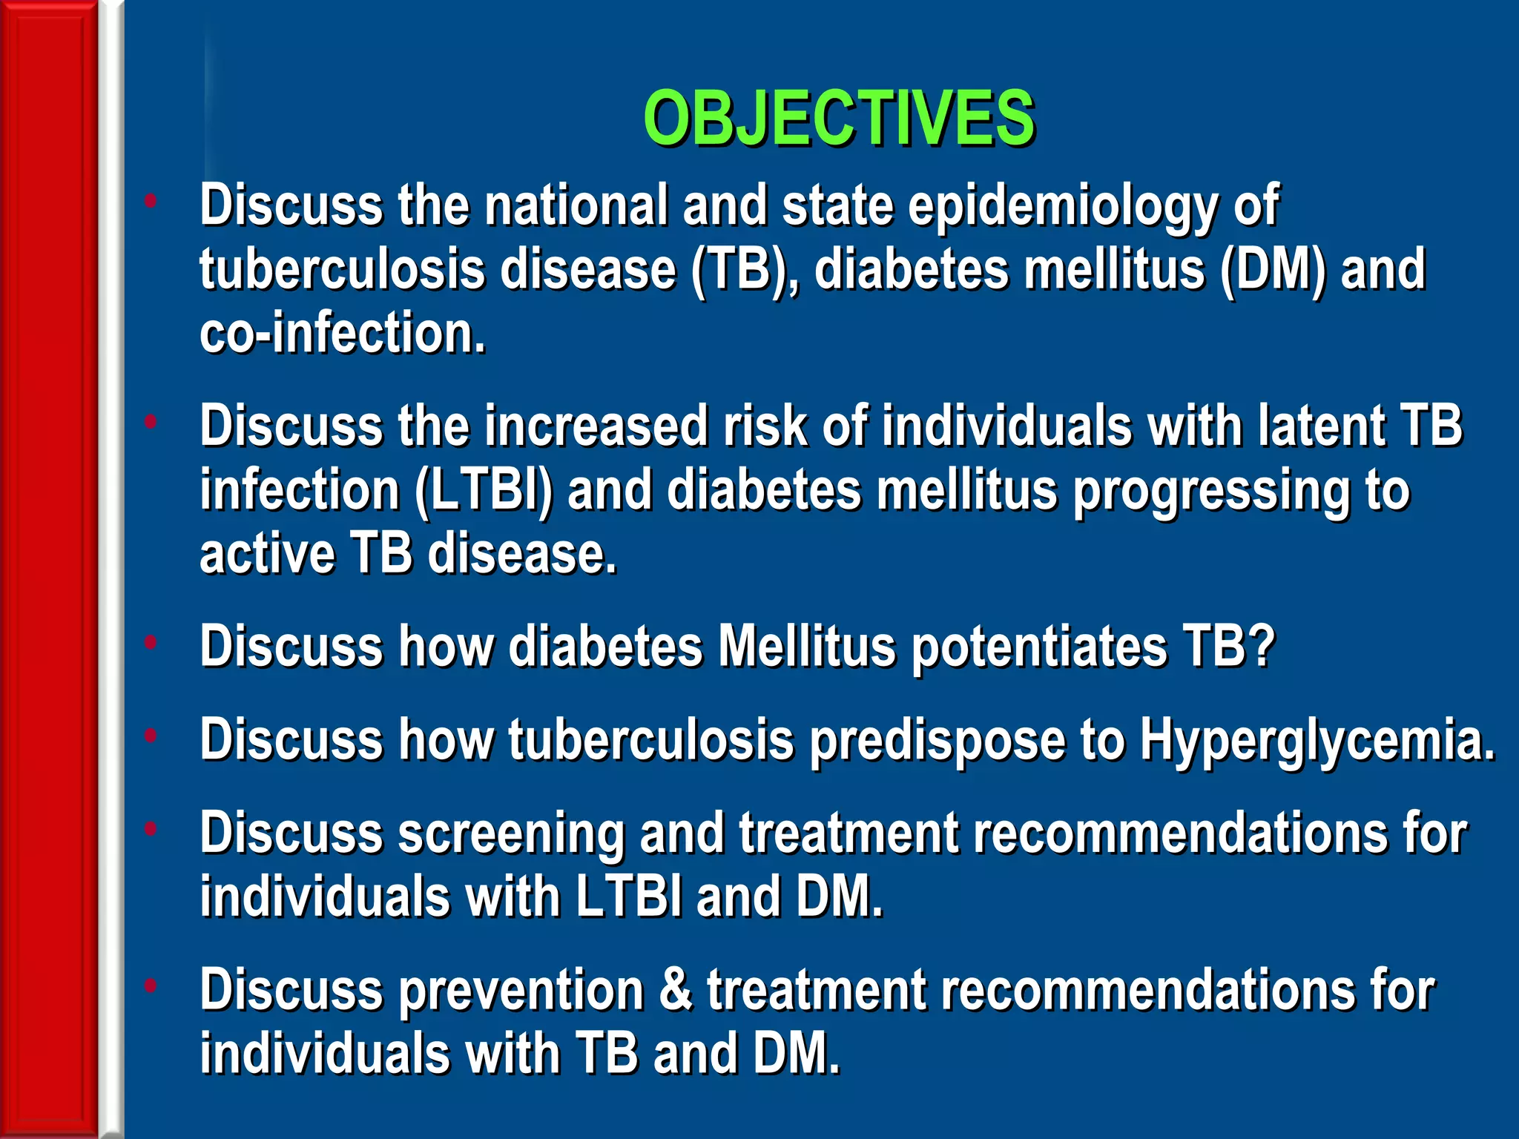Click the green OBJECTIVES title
point(838,119)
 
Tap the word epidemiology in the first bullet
point(1062,206)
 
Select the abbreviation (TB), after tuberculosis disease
point(745,270)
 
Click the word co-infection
point(342,334)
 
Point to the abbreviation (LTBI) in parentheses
point(483,491)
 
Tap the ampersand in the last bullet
point(675,990)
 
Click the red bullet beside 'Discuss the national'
point(151,200)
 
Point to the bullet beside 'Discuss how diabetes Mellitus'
point(151,642)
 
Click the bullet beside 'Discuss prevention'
point(151,986)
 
